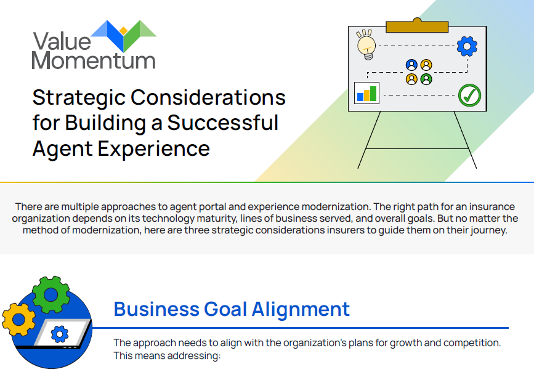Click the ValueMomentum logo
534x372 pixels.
(94, 45)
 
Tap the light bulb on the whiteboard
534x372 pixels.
(366, 46)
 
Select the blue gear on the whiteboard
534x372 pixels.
(467, 46)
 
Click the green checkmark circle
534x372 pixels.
(469, 95)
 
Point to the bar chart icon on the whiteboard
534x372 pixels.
(366, 92)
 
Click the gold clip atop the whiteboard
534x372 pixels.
(417, 26)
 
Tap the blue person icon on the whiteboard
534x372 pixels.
(411, 65)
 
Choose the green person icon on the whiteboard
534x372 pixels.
(426, 79)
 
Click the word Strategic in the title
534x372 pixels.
(79, 99)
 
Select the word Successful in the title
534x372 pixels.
(223, 123)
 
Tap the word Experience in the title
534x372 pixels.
(153, 149)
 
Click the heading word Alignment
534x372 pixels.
(301, 310)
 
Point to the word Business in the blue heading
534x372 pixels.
(156, 309)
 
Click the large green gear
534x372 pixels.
(51, 294)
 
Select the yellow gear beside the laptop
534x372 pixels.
(18, 320)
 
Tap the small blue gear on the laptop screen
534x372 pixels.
(60, 334)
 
